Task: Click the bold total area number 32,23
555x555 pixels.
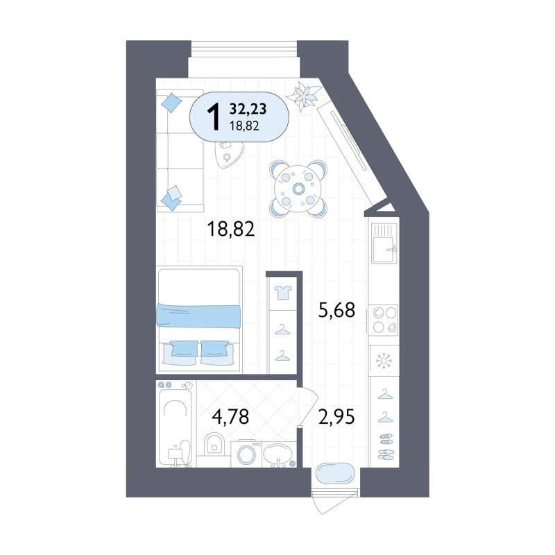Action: point(248,109)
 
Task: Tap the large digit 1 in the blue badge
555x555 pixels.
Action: point(214,118)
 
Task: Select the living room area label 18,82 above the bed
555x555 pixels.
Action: point(231,229)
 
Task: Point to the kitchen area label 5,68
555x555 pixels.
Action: point(336,309)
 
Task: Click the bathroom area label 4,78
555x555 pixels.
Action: point(230,416)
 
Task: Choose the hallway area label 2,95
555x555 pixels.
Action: point(336,416)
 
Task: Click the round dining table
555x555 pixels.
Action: point(298,189)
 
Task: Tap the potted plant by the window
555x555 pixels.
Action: point(303,95)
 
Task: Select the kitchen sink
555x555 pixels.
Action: point(384,244)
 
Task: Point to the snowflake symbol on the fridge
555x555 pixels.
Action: point(384,361)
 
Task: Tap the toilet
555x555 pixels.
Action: point(214,444)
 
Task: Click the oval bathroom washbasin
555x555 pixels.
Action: point(278,453)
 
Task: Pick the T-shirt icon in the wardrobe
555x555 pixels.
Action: point(283,293)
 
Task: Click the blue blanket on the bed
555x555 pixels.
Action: point(198,316)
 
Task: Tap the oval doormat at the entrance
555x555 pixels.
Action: point(335,473)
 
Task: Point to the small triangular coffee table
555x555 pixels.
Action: point(228,154)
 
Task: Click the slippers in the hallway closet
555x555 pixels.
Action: point(386,447)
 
